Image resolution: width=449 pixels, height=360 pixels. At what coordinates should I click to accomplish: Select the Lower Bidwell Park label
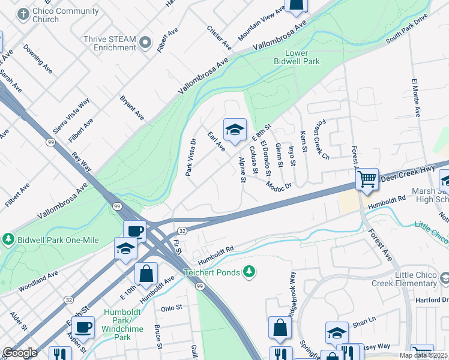click(294, 57)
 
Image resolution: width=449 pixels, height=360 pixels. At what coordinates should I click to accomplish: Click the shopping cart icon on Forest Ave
click(367, 178)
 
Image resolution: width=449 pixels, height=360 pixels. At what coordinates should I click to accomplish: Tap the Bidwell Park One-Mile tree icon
click(8, 239)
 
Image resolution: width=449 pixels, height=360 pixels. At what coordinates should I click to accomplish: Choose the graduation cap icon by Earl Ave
click(235, 129)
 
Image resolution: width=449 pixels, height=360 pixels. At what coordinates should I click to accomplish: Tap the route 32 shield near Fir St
click(181, 230)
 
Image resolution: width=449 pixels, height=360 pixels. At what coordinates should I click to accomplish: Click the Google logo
click(20, 353)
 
